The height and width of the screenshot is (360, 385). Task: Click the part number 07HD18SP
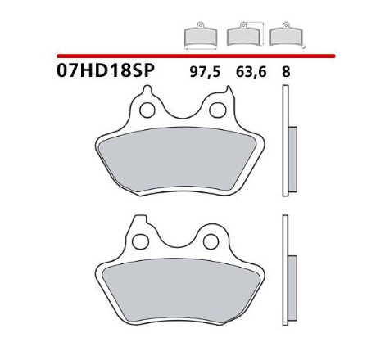[106, 70]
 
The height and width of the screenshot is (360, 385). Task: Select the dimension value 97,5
[205, 72]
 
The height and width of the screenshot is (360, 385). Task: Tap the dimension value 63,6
[251, 72]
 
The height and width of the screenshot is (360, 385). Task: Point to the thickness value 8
[286, 72]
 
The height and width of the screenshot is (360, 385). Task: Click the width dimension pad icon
[201, 36]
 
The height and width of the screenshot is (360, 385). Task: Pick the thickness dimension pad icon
[288, 35]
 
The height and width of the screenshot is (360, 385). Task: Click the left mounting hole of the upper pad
[147, 110]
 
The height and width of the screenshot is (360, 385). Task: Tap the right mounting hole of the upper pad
[218, 110]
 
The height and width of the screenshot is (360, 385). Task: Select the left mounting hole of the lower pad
[140, 241]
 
